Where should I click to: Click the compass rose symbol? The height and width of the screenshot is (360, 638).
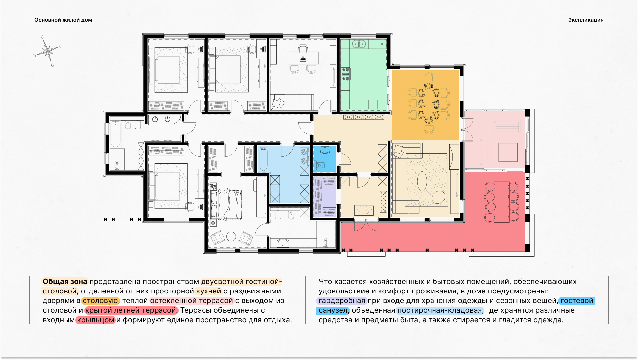(x=48, y=51)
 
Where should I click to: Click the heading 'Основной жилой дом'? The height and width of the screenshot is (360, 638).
(x=63, y=20)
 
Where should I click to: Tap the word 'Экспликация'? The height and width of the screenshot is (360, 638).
(x=586, y=20)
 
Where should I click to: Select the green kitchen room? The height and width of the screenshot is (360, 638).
(x=364, y=75)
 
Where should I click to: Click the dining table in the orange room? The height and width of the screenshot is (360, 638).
(x=429, y=103)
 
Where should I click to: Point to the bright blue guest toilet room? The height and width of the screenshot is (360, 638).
(x=325, y=159)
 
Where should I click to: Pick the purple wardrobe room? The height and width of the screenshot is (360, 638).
(x=325, y=197)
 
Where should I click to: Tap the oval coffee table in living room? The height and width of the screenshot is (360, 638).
(x=422, y=181)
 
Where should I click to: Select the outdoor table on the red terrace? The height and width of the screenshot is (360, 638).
(x=502, y=202)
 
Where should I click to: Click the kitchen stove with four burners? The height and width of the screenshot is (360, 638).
(x=346, y=74)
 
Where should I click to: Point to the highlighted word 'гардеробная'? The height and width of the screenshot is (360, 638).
(x=342, y=301)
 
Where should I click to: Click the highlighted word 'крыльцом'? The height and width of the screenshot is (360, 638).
(x=96, y=320)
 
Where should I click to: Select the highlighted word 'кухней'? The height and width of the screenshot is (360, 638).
(x=208, y=291)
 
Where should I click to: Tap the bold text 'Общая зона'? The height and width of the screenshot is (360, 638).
(x=65, y=282)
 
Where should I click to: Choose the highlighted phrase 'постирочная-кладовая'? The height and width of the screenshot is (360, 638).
(x=440, y=310)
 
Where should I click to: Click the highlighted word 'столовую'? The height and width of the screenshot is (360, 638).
(x=100, y=301)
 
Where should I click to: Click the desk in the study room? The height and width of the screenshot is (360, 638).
(x=303, y=58)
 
